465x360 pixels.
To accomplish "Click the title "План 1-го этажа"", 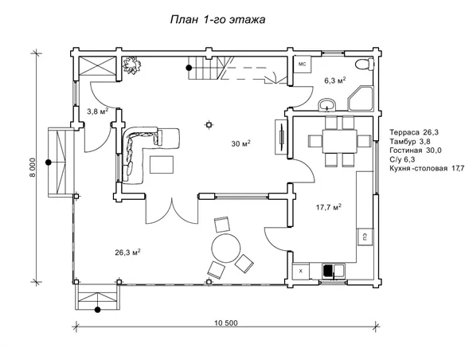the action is pyautogui.click(x=217, y=20).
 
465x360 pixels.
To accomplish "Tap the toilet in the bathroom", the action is pyautogui.click(x=365, y=64).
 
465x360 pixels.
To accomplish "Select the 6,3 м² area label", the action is pyautogui.click(x=335, y=80).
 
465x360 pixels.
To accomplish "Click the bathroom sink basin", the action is pyautogui.click(x=327, y=105).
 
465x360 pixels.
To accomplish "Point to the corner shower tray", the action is pyautogui.click(x=361, y=98).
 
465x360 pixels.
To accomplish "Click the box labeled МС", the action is pyautogui.click(x=303, y=64).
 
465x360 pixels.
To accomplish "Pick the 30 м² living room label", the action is pyautogui.click(x=240, y=144).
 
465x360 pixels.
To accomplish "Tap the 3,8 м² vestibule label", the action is pyautogui.click(x=97, y=112).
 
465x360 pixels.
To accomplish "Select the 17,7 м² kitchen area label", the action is pyautogui.click(x=329, y=207).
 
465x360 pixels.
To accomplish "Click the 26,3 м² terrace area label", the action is pyautogui.click(x=127, y=252).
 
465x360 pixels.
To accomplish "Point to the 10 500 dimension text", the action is pyautogui.click(x=226, y=323).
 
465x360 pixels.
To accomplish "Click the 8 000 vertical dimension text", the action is pyautogui.click(x=33, y=167).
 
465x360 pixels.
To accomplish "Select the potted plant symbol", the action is pyautogui.click(x=131, y=65).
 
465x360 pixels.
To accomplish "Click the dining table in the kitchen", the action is pyautogui.click(x=340, y=141).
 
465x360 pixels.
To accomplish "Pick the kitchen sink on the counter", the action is pyautogui.click(x=334, y=271).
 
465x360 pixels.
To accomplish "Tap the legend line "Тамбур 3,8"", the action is pyautogui.click(x=410, y=142).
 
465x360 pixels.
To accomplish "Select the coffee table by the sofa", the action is pyautogui.click(x=162, y=164).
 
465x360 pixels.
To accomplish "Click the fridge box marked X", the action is pyautogui.click(x=301, y=271).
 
